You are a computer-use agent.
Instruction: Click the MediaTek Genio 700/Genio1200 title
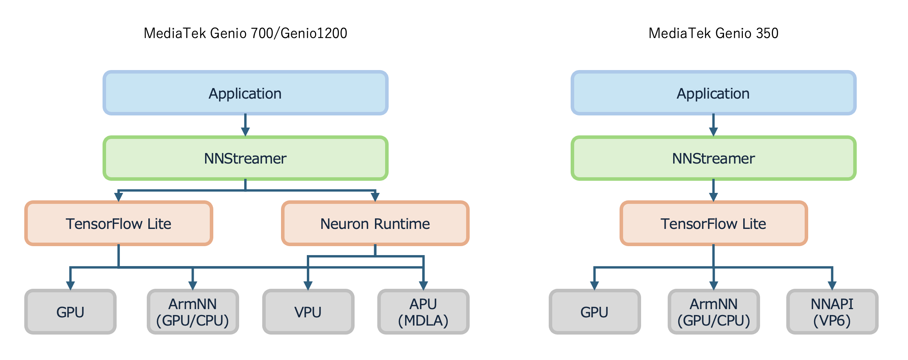click(245, 33)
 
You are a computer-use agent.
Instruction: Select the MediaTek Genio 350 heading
click(713, 33)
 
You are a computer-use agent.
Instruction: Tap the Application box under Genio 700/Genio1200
click(245, 93)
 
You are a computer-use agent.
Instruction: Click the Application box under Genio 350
click(713, 93)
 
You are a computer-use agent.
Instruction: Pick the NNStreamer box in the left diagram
click(245, 158)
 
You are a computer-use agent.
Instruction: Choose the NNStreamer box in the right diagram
click(713, 158)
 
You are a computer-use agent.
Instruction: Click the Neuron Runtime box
click(375, 223)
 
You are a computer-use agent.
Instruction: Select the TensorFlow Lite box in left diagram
click(119, 223)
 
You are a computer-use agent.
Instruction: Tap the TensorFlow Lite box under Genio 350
click(713, 223)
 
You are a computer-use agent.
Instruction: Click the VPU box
click(308, 312)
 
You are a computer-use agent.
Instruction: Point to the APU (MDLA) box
click(423, 312)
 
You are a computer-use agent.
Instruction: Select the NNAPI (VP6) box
click(832, 312)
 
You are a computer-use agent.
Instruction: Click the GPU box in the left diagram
click(70, 312)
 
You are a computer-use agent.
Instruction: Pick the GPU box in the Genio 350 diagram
click(595, 312)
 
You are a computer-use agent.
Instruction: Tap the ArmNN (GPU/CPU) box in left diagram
click(193, 312)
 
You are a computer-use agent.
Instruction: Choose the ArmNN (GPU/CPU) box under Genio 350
click(713, 312)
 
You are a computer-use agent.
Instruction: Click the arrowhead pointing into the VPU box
click(308, 286)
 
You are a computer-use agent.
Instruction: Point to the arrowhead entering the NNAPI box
click(832, 286)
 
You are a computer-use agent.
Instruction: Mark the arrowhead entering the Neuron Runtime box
click(375, 197)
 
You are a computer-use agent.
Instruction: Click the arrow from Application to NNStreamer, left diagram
click(245, 125)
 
